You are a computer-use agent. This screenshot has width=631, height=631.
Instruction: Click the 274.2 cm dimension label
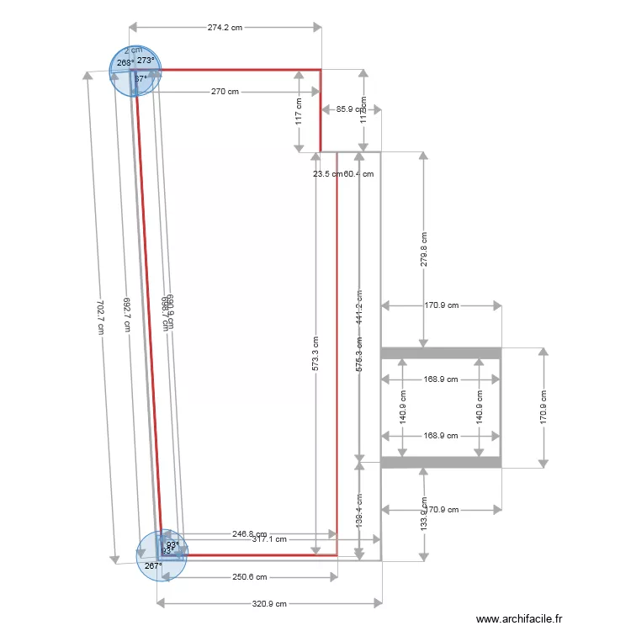coord(225,27)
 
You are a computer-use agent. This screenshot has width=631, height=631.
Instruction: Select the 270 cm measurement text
coord(225,92)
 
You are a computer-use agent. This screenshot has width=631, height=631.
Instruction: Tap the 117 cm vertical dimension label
coord(299,110)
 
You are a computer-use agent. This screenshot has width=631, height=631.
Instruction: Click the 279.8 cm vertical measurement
coord(424,249)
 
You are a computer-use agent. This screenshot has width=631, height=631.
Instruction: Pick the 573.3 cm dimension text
coord(315,354)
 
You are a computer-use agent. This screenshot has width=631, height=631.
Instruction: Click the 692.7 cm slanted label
coord(126,315)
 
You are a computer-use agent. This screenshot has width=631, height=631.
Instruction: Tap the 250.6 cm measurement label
coord(249,577)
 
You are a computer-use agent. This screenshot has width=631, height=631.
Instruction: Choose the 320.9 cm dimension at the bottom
coord(269,603)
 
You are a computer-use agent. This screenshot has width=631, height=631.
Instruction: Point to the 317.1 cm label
coord(269,539)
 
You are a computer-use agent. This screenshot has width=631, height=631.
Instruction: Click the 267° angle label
coord(152,566)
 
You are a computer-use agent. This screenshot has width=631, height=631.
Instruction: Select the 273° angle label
coord(146,61)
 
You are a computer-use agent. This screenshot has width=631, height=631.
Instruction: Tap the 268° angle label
coord(125,63)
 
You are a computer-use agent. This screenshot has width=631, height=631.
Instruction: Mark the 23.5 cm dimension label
coord(327,174)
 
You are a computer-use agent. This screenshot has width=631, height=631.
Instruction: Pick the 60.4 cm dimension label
coord(359,174)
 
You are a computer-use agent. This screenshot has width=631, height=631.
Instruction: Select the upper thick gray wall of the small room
coord(441,353)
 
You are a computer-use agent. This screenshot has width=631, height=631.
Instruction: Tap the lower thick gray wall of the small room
coord(441,462)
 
